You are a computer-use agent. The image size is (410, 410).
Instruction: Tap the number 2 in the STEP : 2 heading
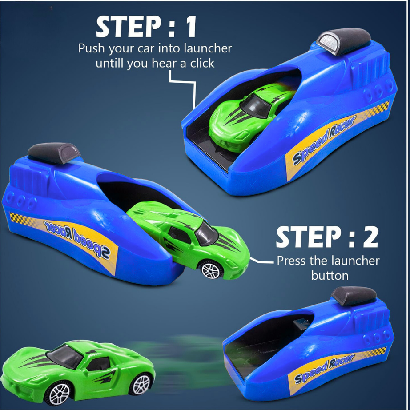pos(369,237)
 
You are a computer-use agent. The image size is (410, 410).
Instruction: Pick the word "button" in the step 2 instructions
pos(330,275)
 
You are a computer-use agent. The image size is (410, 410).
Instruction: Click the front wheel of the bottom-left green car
pos(60,393)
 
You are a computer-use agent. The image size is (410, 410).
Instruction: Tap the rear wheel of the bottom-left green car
pos(141,384)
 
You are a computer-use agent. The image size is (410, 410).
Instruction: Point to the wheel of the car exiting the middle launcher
pos(210,269)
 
